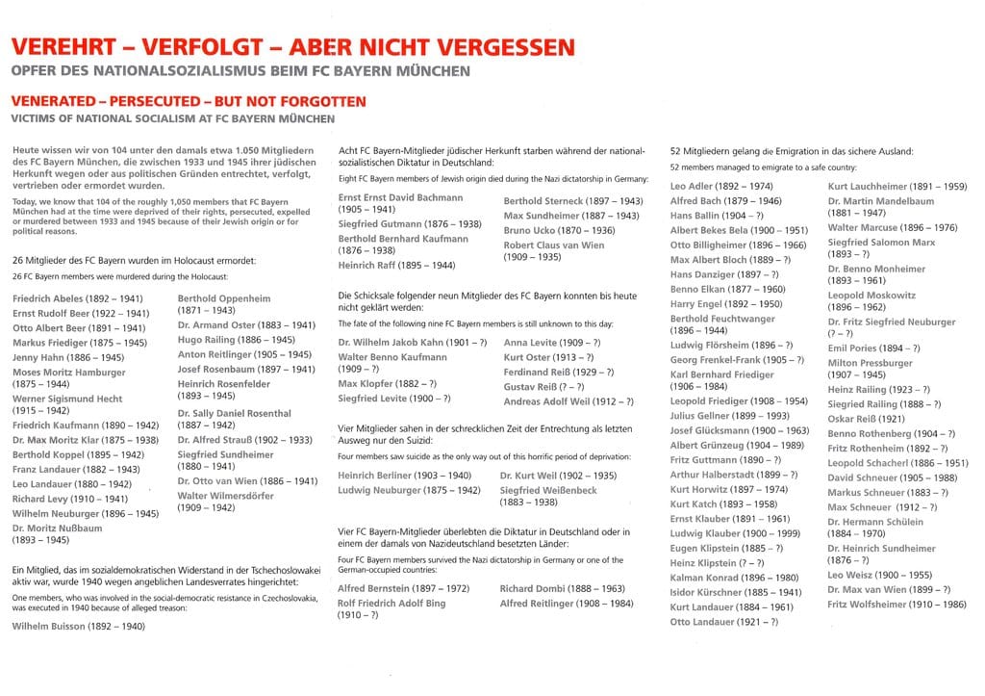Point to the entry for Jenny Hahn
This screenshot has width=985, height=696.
(x=68, y=357)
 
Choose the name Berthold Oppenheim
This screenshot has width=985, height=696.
(x=224, y=298)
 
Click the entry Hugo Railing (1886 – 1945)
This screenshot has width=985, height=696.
(x=236, y=340)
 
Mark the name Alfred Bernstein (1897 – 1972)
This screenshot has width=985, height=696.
(x=403, y=588)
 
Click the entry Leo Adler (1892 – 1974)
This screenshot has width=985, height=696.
(x=721, y=186)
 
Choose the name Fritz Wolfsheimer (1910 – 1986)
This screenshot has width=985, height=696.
(x=897, y=605)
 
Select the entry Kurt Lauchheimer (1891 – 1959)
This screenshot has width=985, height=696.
(x=897, y=186)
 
